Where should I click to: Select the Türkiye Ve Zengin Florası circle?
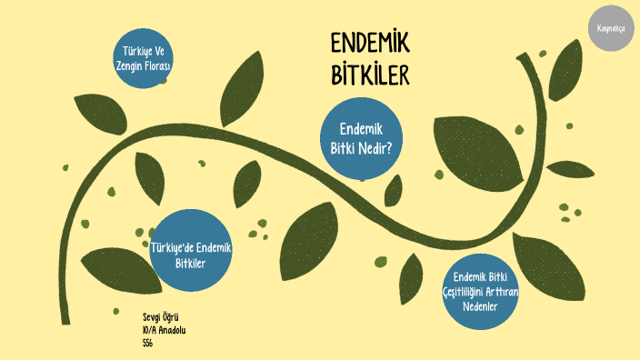coord(144,59)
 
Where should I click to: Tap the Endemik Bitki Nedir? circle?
coord(365,139)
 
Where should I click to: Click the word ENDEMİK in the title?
coord(369,45)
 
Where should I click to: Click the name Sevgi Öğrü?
coord(160,317)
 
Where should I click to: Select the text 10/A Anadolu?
coord(165,330)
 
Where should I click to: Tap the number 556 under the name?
coord(147,343)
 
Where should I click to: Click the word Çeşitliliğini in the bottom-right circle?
coord(466,291)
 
